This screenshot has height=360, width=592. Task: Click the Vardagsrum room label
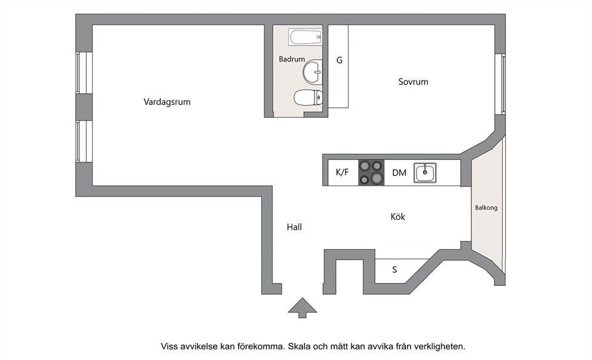(x=167, y=102)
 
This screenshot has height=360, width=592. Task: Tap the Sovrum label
(x=413, y=82)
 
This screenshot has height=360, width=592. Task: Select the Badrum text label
(x=292, y=59)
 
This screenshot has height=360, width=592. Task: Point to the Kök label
(x=398, y=217)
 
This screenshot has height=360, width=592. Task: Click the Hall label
(x=294, y=227)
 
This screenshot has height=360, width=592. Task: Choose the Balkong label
(x=486, y=208)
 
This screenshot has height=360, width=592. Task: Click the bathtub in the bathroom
(x=306, y=37)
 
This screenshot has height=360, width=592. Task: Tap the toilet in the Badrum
(x=308, y=98)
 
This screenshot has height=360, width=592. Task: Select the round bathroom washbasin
(x=313, y=72)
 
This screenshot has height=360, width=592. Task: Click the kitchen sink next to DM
(x=425, y=173)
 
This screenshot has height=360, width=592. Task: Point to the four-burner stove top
(x=371, y=173)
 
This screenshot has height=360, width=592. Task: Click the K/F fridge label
(x=343, y=173)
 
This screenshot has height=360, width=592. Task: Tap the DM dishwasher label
(x=399, y=173)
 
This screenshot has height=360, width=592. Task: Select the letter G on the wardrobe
(x=340, y=60)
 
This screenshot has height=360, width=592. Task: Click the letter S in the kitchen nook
(x=394, y=270)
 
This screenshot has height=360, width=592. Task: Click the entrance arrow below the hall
(x=303, y=307)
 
